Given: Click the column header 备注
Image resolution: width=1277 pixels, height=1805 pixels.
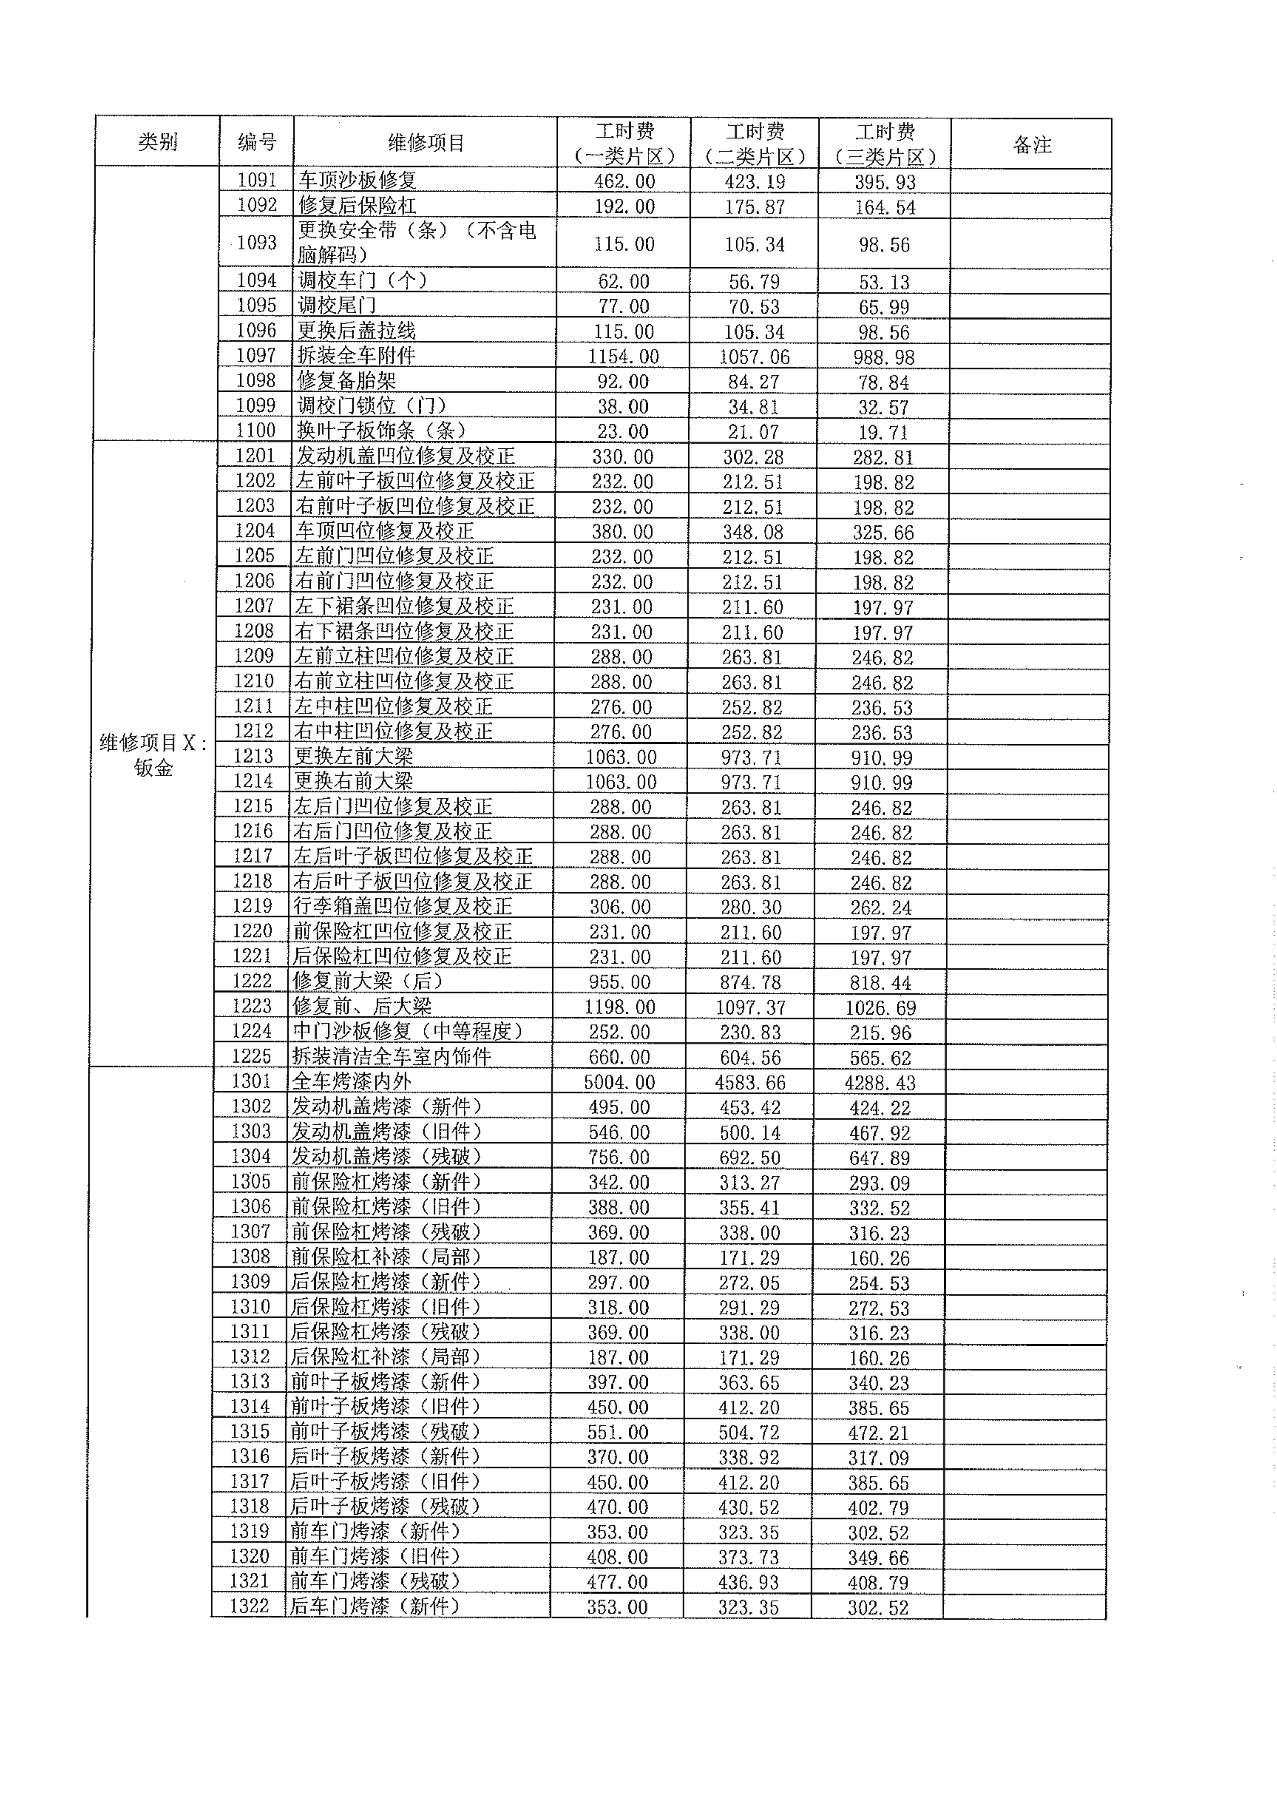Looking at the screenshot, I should pyautogui.click(x=1031, y=145).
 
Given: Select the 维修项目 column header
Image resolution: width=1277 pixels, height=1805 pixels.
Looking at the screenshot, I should pyautogui.click(x=426, y=143).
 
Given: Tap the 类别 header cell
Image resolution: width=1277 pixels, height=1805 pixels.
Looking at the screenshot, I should pyautogui.click(x=158, y=143).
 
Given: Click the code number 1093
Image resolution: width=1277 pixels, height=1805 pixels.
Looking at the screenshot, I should pyautogui.click(x=257, y=243).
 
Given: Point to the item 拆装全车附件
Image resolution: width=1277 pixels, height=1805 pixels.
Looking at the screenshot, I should pyautogui.click(x=356, y=356).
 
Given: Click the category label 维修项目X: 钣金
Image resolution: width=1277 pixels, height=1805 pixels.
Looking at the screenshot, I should pyautogui.click(x=153, y=755).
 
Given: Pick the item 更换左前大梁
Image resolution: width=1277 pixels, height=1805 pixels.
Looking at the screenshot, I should pyautogui.click(x=353, y=756).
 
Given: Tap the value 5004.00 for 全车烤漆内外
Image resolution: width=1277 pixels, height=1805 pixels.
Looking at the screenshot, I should pyautogui.click(x=619, y=1083).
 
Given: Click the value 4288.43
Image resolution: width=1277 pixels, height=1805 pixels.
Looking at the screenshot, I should pyautogui.click(x=880, y=1083).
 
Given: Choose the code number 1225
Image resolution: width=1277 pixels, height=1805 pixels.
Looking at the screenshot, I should pyautogui.click(x=252, y=1056).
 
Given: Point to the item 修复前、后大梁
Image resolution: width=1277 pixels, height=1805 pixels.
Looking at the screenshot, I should pyautogui.click(x=362, y=1006).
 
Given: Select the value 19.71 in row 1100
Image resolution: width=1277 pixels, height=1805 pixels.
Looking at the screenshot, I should pyautogui.click(x=883, y=432).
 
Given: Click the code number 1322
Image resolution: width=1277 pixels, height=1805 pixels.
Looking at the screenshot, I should pyautogui.click(x=249, y=1606).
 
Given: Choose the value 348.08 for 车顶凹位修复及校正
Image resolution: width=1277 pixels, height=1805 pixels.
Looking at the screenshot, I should pyautogui.click(x=753, y=532).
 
